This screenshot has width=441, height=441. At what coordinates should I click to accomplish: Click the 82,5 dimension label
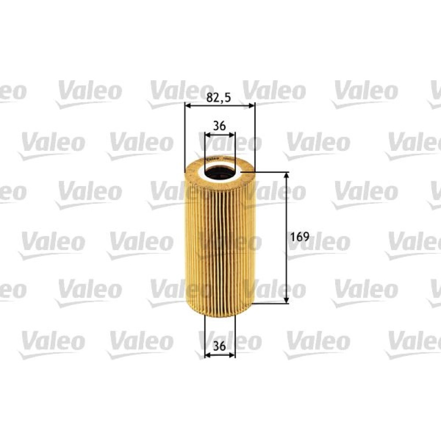pos(219,97)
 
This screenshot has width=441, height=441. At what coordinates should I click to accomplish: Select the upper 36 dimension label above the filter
pos(219,126)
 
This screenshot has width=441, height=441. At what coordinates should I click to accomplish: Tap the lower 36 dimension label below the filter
pos(219,346)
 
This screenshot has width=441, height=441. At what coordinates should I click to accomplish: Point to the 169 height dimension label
pos(299,237)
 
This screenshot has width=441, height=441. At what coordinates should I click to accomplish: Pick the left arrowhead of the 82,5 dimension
pos(188,106)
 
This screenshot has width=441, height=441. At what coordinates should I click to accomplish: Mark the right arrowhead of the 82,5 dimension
pos(251,106)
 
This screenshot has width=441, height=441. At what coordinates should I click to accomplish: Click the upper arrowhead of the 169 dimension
pos(286,176)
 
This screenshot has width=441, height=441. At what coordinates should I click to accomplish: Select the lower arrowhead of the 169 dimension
pos(286,300)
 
